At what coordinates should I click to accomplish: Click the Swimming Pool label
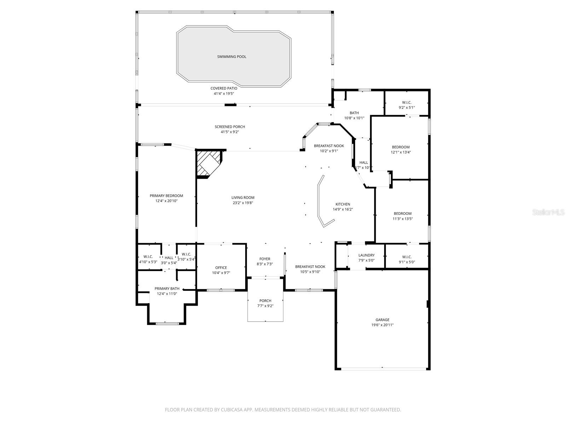[232, 57]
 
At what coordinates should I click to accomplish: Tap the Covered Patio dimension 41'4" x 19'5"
[224, 94]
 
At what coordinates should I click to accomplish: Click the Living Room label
[243, 198]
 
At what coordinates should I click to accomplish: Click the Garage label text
[382, 320]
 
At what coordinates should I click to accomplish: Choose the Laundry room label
[366, 255]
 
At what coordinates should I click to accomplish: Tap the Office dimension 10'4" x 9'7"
[221, 273]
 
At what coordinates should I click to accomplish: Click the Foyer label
[265, 259]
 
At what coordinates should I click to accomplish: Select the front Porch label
[265, 301]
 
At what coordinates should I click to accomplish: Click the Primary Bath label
[167, 288]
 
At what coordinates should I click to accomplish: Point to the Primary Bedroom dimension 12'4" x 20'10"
[166, 201]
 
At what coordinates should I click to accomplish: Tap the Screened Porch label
[230, 127]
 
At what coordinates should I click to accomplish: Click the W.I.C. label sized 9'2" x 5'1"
[406, 102]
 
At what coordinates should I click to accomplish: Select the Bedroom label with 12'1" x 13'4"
[400, 147]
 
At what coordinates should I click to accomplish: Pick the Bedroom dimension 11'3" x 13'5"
[403, 219]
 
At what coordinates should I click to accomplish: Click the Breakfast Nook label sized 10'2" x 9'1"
[329, 146]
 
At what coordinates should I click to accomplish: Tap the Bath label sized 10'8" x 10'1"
[354, 113]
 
